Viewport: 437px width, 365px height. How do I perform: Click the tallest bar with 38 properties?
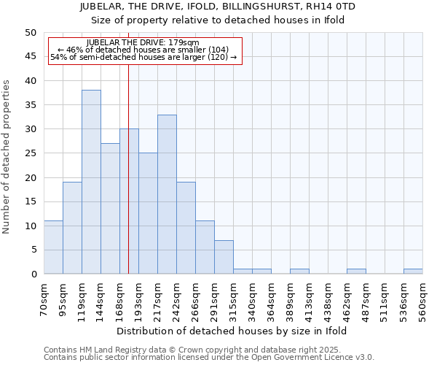91,182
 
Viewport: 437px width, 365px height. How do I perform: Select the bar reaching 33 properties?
167,194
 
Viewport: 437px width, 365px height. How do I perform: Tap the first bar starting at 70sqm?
53,247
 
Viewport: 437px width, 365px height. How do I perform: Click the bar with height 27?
110,209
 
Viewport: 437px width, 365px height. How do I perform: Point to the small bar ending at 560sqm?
413,272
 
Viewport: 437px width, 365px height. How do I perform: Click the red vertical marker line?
128,182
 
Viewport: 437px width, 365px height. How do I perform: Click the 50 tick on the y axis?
31,33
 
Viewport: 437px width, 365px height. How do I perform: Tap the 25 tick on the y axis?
31,153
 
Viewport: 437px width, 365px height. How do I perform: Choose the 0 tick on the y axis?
34,274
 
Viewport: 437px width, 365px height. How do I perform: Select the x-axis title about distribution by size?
232,331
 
